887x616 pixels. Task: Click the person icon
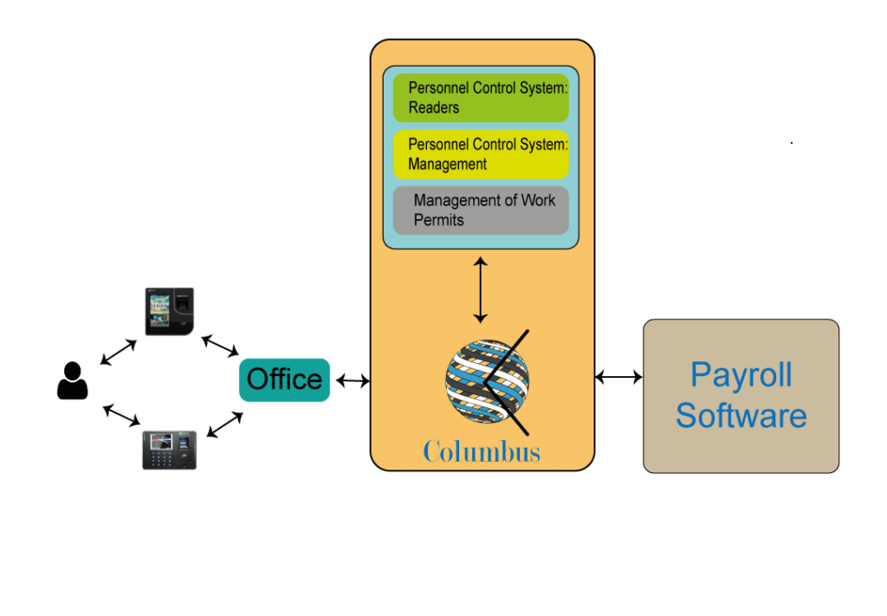pyautogui.click(x=73, y=381)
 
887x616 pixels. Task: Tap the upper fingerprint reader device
pyautogui.click(x=169, y=311)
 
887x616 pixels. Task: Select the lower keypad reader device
pyautogui.click(x=169, y=450)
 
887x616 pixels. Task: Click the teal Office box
pyautogui.click(x=284, y=379)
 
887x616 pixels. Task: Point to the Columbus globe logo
pyautogui.click(x=487, y=381)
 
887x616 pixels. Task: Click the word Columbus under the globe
pyautogui.click(x=482, y=451)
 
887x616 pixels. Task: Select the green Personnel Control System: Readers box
pyautogui.click(x=481, y=98)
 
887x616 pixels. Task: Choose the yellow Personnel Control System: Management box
pyautogui.click(x=481, y=154)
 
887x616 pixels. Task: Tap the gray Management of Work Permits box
pyautogui.click(x=481, y=210)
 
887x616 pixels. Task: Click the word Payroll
pyautogui.click(x=741, y=375)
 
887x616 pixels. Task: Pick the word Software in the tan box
pyautogui.click(x=741, y=415)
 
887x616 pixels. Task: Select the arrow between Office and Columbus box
pyautogui.click(x=352, y=379)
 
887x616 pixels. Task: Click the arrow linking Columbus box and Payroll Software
pyautogui.click(x=619, y=377)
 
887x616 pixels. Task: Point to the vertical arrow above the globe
pyautogui.click(x=480, y=289)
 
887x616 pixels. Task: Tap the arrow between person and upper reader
pyautogui.click(x=119, y=351)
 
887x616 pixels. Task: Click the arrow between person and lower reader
pyautogui.click(x=121, y=414)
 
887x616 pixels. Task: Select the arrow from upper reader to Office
pyautogui.click(x=220, y=346)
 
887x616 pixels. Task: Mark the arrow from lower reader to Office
pyautogui.click(x=224, y=425)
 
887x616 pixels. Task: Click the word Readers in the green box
pyautogui.click(x=434, y=107)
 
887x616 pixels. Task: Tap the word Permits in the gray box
pyautogui.click(x=438, y=220)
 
